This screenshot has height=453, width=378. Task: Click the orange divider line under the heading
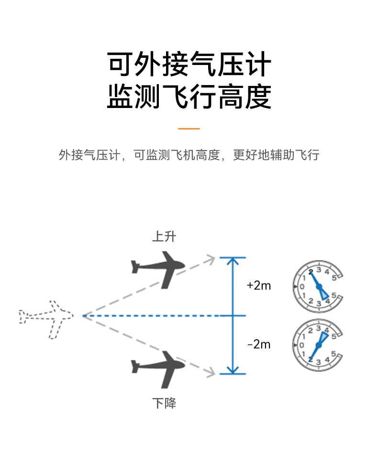[x=189, y=129]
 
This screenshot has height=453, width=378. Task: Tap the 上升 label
[x=164, y=237]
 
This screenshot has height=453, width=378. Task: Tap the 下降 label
[x=164, y=403]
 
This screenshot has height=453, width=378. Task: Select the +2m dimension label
[x=259, y=286]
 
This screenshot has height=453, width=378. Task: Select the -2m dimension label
[x=259, y=345]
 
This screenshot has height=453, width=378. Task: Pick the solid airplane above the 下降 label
[x=158, y=369]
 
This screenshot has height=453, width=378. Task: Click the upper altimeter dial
[x=318, y=287]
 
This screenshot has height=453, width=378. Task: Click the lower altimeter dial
[x=318, y=345]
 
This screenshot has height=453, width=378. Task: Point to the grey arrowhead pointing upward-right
[x=211, y=260]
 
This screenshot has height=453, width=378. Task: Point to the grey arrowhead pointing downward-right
[x=211, y=372]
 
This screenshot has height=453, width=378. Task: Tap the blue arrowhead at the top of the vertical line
[x=233, y=261]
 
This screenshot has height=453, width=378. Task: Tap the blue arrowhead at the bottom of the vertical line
[x=233, y=370]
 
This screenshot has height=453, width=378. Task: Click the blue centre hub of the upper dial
[x=319, y=287]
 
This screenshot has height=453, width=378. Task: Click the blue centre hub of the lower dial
[x=319, y=345]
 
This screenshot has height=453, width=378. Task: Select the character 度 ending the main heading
[x=258, y=97]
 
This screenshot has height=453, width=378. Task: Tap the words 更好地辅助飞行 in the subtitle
[x=276, y=155]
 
